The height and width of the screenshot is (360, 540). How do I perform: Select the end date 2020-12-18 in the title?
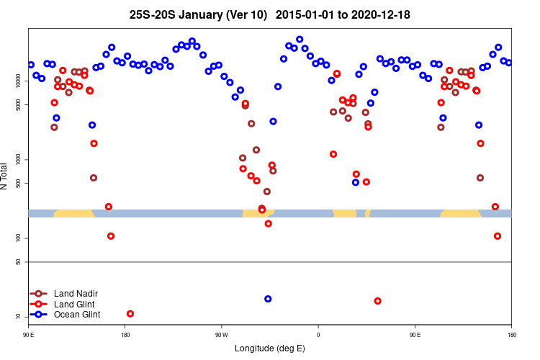point(382,14)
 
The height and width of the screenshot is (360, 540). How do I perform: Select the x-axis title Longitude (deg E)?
point(270,348)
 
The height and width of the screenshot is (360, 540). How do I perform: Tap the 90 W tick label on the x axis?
point(221,334)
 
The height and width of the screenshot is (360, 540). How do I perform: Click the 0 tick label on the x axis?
point(318,334)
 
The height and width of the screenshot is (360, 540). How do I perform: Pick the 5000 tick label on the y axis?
point(19,104)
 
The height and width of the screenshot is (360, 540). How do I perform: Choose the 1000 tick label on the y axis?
point(19,159)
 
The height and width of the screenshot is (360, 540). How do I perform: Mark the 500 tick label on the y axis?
point(19,183)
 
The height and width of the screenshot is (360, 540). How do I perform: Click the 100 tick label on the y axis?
point(19,238)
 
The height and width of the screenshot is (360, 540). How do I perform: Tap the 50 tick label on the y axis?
point(19,261)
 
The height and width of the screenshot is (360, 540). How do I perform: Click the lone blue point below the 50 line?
point(268,299)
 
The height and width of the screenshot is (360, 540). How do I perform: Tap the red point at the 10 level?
point(130,313)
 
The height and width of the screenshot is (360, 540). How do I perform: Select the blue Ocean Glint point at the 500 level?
point(356,182)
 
